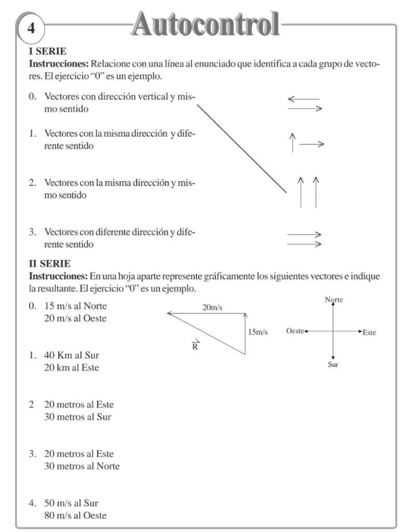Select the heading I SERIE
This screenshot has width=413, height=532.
tap(45, 52)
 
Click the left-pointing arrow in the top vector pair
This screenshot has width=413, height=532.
tap(303, 99)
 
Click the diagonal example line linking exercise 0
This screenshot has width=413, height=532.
tap(242, 148)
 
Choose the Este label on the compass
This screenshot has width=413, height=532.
tap(369, 332)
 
